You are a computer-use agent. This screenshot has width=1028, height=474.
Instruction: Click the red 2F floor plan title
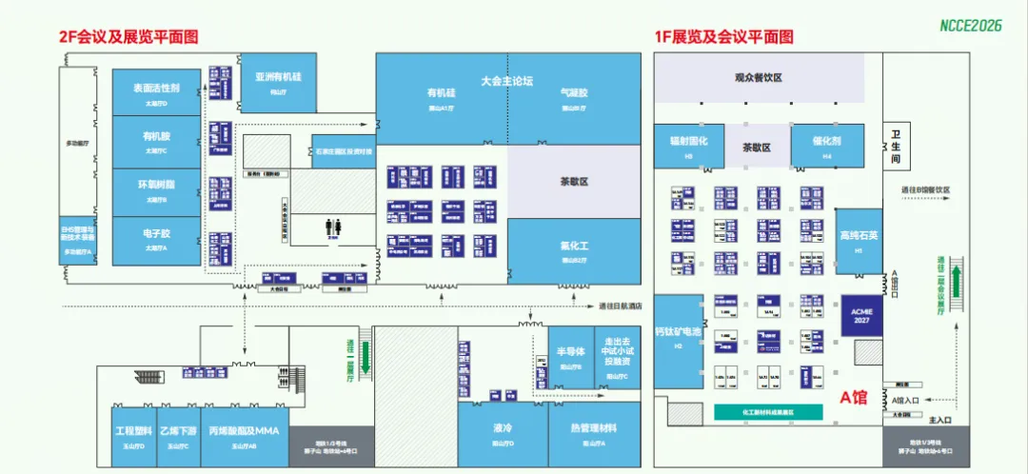point(128,37)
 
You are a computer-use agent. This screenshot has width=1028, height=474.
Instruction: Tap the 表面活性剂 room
point(156,92)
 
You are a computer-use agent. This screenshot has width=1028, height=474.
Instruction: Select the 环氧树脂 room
point(156,189)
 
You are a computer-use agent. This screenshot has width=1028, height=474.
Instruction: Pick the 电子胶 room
point(156,239)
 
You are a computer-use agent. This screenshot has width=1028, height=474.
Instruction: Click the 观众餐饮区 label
point(759,78)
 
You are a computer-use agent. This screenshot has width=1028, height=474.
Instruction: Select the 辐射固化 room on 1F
point(688,145)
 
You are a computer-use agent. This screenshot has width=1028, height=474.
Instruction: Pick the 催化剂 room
point(826,145)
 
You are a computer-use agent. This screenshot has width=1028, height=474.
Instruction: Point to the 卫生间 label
point(895,148)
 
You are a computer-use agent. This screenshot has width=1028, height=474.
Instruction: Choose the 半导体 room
point(569,356)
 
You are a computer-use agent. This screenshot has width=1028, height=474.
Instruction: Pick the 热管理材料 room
point(593,432)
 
